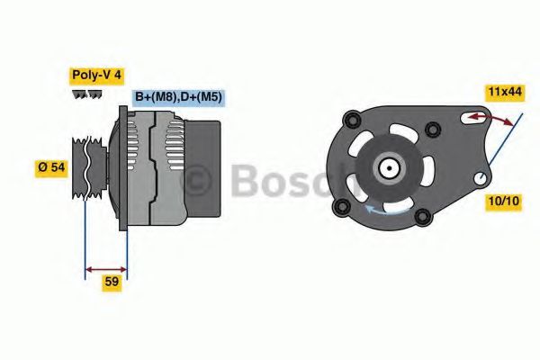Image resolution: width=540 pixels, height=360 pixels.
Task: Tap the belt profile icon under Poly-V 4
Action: click(x=87, y=94)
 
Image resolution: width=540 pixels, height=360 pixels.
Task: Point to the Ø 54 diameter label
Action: click(x=50, y=168)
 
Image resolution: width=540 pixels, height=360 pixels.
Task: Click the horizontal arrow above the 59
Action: click(x=104, y=267)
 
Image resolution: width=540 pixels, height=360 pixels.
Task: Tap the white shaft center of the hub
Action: click(x=388, y=167)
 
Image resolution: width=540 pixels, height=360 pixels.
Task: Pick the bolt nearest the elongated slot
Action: click(x=434, y=130)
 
